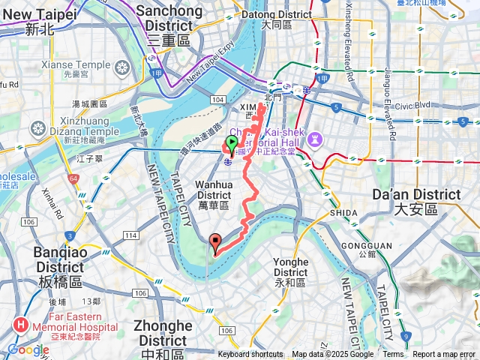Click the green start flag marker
click(x=232, y=142)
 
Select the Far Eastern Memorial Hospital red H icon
click(x=20, y=326)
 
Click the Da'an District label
click(x=416, y=200)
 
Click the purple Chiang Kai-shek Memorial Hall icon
click(x=316, y=139)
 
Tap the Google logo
click(x=28, y=349)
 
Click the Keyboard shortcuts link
click(x=250, y=355)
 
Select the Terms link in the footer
click(x=393, y=355)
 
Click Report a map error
click(x=444, y=355)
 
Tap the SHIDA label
click(x=344, y=213)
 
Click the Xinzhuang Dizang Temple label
click(x=79, y=127)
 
